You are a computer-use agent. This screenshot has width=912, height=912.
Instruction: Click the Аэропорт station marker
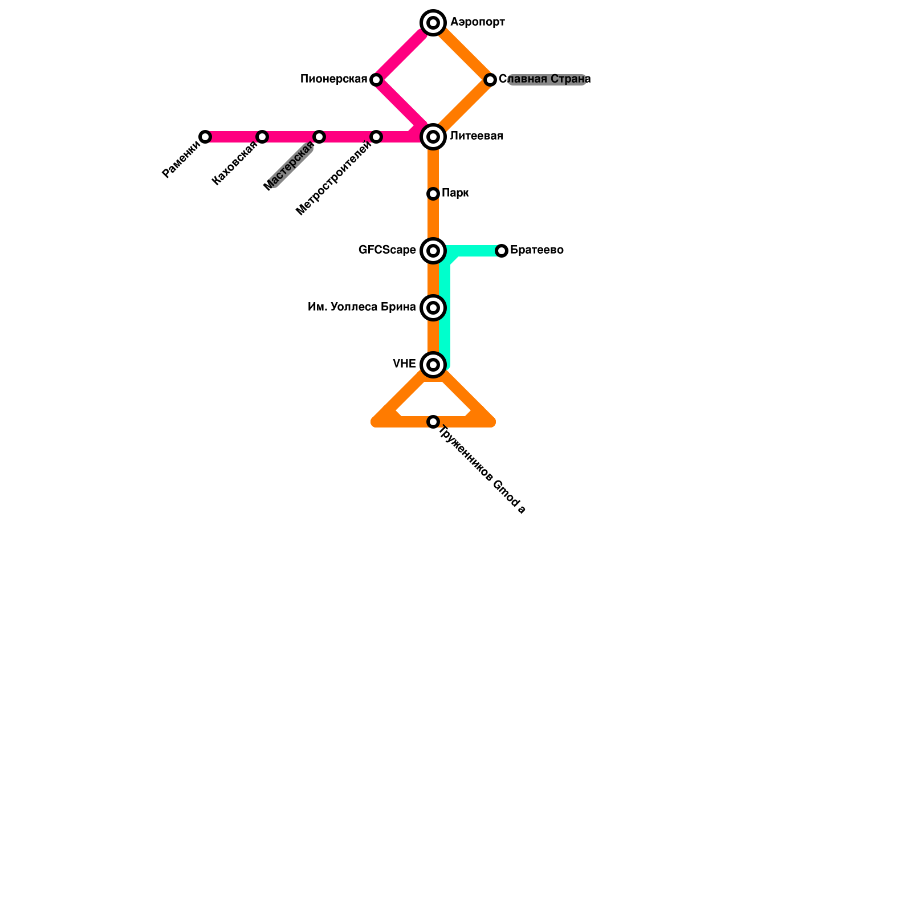433,23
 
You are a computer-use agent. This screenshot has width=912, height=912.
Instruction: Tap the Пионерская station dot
376,80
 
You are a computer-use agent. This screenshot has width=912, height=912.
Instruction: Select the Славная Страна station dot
490,80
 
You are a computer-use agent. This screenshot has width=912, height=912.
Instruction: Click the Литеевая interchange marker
433,137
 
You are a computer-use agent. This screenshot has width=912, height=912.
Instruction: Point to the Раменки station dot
205,137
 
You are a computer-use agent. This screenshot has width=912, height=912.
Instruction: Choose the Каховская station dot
262,137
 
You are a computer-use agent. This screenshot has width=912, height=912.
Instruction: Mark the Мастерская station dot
319,137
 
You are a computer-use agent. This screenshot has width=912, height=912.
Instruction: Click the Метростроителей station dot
376,137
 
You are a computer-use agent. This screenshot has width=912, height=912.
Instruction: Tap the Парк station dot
433,194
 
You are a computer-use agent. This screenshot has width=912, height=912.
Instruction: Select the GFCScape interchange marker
433,251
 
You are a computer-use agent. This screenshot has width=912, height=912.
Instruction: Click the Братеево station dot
502,251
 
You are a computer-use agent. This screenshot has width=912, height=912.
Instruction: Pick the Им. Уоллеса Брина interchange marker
433,308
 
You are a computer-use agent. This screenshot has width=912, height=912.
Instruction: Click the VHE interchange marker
433,365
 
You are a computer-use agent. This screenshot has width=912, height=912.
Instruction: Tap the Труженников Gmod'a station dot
433,422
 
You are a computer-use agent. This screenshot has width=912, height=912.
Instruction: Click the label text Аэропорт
477,22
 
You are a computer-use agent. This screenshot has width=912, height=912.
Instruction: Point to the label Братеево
536,250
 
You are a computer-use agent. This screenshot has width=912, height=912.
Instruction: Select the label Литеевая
477,136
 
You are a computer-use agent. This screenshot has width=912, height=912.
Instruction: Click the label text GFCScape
387,250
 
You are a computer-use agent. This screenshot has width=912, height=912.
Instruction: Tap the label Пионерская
333,79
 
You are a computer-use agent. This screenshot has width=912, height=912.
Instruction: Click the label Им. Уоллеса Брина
361,307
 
